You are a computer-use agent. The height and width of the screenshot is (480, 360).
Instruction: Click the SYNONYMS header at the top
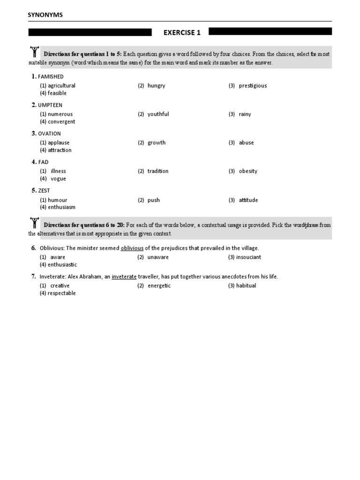point(45,15)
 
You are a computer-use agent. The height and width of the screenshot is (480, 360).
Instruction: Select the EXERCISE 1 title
point(182,32)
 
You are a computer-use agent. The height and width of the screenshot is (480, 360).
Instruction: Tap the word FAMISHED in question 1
point(51,76)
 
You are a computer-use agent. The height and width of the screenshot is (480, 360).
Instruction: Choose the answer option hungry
point(156,86)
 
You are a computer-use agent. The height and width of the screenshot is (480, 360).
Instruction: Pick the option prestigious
point(253,86)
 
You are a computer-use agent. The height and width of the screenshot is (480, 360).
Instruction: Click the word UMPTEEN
point(50,105)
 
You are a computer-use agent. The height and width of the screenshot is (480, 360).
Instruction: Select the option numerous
point(60,114)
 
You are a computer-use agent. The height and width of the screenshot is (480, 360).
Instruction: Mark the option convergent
point(61,122)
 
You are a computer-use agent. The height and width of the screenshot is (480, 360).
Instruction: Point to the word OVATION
point(50,134)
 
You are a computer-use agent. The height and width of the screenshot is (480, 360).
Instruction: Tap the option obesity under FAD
point(248,172)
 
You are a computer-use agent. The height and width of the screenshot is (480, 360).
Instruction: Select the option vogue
point(58,179)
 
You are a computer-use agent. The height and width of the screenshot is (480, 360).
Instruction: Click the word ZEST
point(44,191)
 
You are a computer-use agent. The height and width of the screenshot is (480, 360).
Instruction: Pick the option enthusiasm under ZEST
point(61,207)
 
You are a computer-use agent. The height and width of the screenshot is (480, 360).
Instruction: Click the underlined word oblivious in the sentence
point(132,248)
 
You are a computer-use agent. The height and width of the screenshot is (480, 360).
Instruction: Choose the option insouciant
point(248,257)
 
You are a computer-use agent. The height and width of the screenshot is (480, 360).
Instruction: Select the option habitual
point(246,286)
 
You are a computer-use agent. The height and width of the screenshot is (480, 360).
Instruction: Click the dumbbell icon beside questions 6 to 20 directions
point(34,223)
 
